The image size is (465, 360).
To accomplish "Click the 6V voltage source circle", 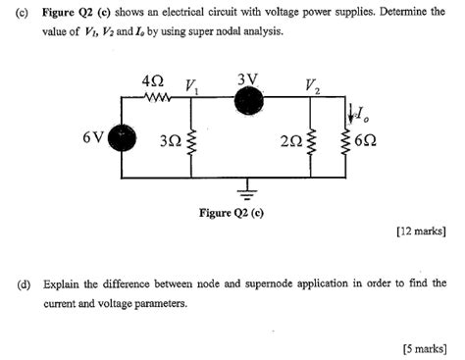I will (123, 139).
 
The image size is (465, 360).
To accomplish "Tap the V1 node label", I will (192, 84).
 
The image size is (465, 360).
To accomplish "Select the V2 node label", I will (313, 84).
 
